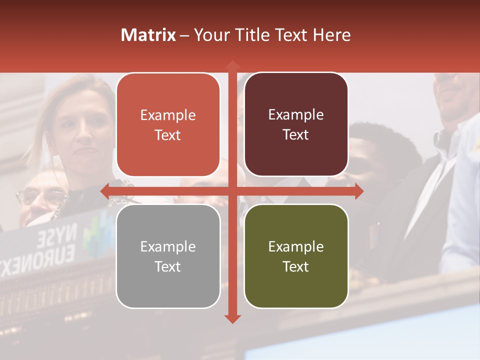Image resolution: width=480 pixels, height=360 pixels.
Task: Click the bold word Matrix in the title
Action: [x=148, y=35]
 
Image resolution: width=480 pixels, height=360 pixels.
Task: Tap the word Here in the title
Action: [x=331, y=35]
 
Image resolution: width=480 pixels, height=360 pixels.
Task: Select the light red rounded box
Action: [x=168, y=125]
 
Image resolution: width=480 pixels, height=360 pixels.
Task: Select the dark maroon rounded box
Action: [x=296, y=124]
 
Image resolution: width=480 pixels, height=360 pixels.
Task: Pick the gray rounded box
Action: [x=168, y=256]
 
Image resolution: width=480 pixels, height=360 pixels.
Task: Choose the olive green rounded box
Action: [x=296, y=256]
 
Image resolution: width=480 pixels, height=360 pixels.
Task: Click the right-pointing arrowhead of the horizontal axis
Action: [x=358, y=190]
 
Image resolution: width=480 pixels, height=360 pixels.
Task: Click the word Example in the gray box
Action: [x=168, y=246]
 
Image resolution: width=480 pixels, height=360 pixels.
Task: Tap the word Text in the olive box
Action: [x=296, y=266]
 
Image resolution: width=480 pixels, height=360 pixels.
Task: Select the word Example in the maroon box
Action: [x=296, y=115]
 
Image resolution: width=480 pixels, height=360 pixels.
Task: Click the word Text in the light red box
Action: [x=168, y=135]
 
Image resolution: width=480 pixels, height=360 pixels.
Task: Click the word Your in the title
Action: [x=210, y=35]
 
